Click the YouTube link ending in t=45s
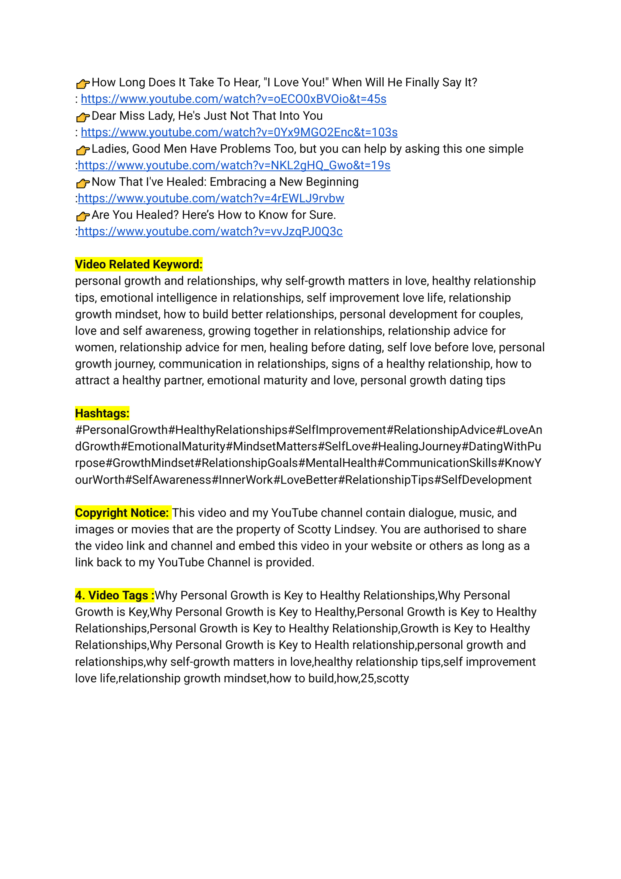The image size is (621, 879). coord(233,99)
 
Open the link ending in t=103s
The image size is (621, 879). coord(239,132)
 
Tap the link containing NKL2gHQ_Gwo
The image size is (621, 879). coord(234,166)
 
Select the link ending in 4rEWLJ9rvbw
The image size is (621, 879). coord(211,198)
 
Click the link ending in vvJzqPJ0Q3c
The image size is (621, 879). coord(210,232)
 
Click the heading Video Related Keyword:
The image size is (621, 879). coord(138,265)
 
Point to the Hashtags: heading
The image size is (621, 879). coord(102,414)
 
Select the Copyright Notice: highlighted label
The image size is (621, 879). coord(122,513)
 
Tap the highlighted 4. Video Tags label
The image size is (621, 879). coord(114,595)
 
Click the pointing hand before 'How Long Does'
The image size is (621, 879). coord(82,83)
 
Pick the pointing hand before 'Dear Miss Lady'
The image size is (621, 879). coord(82,116)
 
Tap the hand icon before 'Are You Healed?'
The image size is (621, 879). coord(82,216)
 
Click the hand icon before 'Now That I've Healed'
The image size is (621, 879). coord(82,183)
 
